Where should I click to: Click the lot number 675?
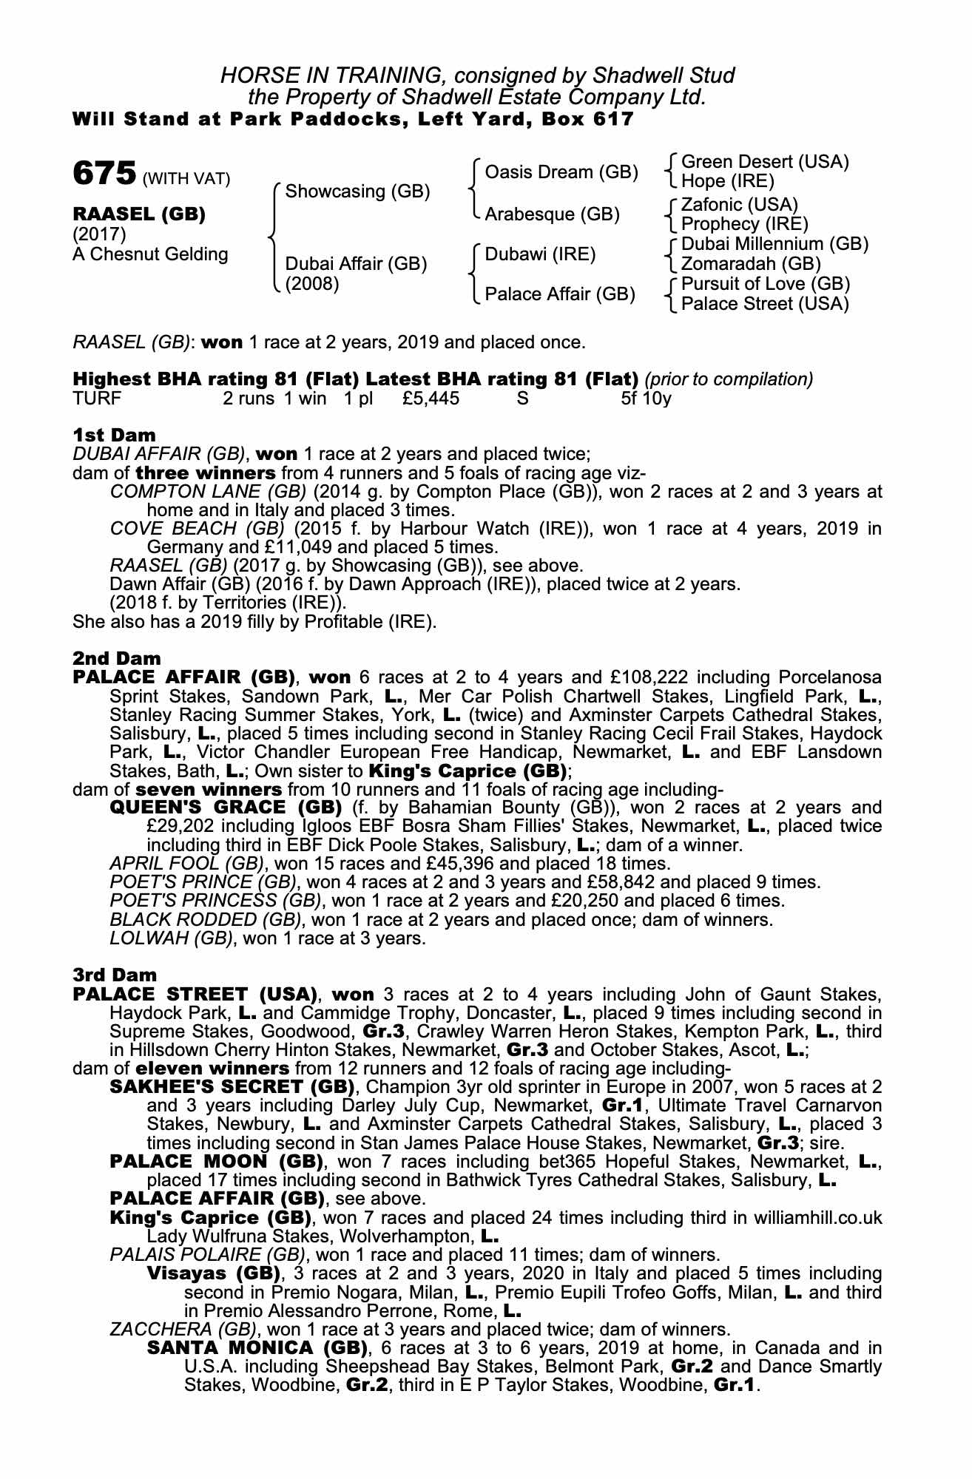tap(104, 174)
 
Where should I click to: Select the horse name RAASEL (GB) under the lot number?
tap(139, 214)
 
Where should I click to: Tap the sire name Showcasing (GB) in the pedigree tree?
tap(357, 192)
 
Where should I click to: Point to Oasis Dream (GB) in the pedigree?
tap(561, 172)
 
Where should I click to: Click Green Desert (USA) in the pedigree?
tap(765, 162)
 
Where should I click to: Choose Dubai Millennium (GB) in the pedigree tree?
tap(774, 244)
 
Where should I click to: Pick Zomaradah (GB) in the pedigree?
tap(750, 264)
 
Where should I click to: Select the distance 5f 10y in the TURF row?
tap(647, 399)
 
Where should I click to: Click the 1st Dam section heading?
tap(109, 435)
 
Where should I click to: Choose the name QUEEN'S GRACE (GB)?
tap(226, 808)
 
